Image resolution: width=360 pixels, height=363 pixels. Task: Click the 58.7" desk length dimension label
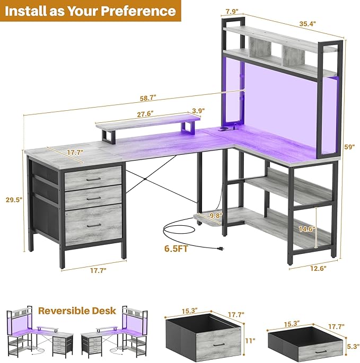pos(148,98)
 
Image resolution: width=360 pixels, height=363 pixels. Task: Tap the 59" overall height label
pos(349,147)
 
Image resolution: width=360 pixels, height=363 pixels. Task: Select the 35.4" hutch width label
pos(308,24)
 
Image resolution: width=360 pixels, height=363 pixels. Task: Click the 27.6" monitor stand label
pos(145,114)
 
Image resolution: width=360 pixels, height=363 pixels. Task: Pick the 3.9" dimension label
pos(198,111)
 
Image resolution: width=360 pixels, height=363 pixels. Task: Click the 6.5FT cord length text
pos(176,249)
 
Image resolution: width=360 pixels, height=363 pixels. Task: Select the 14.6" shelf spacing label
pos(307,229)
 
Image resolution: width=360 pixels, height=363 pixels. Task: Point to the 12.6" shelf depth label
pos(318,268)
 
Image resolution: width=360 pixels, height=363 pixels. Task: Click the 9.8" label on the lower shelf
pos(216,216)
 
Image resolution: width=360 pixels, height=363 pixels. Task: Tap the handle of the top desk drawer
pos(94,180)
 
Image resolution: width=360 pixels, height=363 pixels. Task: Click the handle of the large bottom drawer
pos(94,225)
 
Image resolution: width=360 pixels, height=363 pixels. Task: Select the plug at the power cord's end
pos(220,249)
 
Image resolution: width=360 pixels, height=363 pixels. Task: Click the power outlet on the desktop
pos(224,129)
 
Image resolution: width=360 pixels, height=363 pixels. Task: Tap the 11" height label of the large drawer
pos(250,340)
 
